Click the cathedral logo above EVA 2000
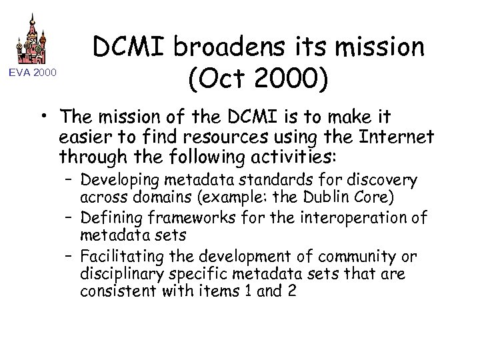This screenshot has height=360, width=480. (31, 39)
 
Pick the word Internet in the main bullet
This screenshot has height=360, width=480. (397, 138)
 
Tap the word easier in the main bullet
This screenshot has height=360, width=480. (84, 138)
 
